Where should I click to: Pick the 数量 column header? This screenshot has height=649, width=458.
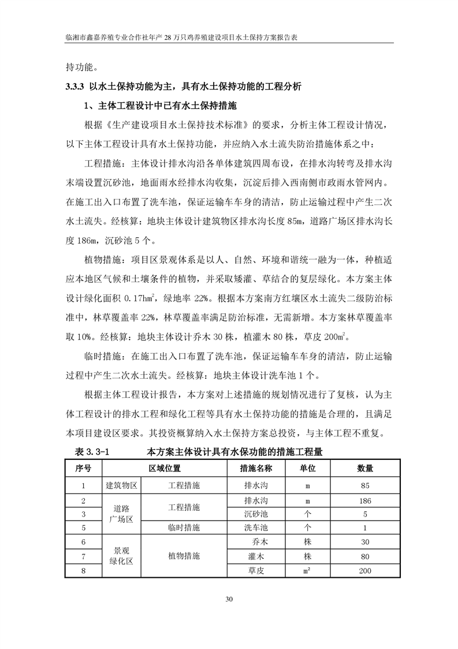coord(364,468)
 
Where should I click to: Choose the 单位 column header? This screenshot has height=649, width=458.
coord(307,468)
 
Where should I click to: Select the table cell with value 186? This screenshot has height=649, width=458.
coord(364,500)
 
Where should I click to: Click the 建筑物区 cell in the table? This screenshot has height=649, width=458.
coord(121,486)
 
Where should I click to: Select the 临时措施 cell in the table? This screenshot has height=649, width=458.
coord(184,528)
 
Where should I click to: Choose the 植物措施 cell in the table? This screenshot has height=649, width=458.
coord(184,556)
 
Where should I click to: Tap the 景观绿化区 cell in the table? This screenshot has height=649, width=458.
coord(121,556)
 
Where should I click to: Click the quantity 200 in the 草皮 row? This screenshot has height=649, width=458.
coord(364,571)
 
